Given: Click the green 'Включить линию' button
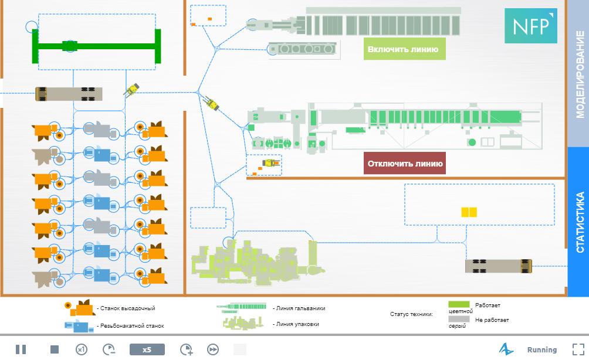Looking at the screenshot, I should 403,49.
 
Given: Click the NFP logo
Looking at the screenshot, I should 530,26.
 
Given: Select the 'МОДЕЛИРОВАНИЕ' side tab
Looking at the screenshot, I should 578,74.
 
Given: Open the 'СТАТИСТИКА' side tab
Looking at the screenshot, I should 578,222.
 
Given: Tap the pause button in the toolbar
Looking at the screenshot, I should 21,349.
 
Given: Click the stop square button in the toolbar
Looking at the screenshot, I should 55,349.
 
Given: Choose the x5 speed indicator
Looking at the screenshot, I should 147,349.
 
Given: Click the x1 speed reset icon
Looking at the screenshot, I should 82,349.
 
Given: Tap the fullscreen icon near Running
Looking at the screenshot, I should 578,349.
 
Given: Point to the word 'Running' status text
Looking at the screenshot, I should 542,350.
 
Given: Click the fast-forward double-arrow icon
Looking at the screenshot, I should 213,349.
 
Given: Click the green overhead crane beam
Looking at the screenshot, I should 97,46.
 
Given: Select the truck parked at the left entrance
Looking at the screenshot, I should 69,94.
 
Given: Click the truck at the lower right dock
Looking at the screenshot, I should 498,266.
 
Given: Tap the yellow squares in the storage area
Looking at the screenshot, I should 469,213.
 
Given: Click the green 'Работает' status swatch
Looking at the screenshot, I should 459,305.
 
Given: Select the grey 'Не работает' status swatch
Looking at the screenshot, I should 459,320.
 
